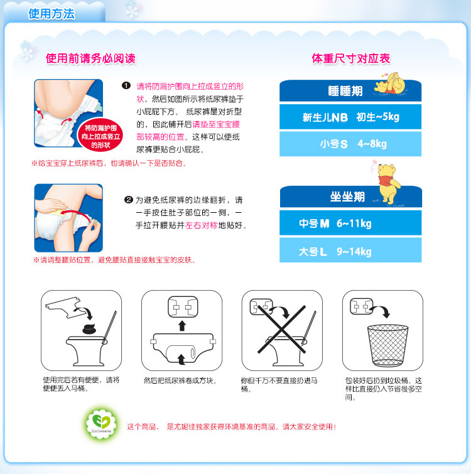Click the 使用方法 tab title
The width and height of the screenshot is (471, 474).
(x=51, y=14)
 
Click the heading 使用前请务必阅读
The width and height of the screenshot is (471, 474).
(x=90, y=58)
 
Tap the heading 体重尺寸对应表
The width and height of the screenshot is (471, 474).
(x=351, y=58)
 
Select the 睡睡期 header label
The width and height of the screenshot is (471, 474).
(x=345, y=91)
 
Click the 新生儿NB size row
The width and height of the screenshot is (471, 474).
(x=350, y=117)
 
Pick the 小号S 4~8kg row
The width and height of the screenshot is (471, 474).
(x=350, y=144)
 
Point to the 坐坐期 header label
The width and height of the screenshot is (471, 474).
(x=347, y=197)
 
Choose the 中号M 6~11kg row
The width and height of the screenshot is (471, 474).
(x=350, y=223)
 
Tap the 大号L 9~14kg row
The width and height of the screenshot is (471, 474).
(x=350, y=250)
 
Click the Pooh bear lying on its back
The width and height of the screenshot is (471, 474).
(x=390, y=83)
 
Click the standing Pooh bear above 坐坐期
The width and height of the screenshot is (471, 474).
(x=389, y=183)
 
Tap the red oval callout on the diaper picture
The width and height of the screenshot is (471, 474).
(x=100, y=136)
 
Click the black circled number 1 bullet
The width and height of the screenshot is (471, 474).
(x=126, y=86)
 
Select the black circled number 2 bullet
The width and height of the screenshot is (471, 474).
(x=129, y=200)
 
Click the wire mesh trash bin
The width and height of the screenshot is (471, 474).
(x=387, y=345)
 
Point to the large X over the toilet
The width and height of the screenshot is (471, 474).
(x=282, y=329)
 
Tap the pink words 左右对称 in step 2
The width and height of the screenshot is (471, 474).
(x=201, y=225)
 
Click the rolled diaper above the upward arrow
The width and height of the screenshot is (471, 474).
(x=183, y=307)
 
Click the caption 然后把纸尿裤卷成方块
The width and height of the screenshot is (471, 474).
(x=180, y=380)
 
